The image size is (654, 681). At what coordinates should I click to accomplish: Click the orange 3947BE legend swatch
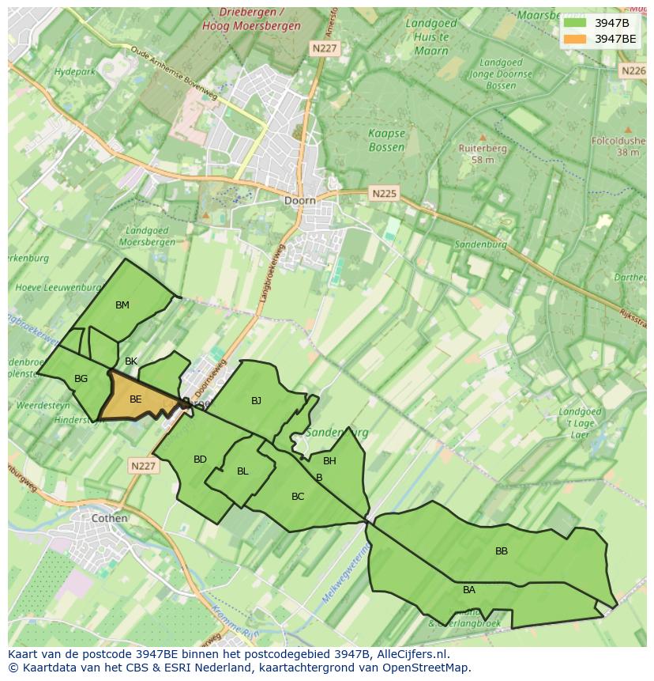click(x=575, y=39)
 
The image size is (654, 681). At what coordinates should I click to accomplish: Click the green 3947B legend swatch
click(x=575, y=22)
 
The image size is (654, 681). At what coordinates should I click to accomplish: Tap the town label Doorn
click(x=299, y=201)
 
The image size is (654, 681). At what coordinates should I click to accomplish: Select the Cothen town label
click(x=109, y=518)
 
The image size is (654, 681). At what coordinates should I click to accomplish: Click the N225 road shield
click(x=385, y=193)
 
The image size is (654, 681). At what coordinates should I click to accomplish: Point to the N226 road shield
click(x=633, y=70)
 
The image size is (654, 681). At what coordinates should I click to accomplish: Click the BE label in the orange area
click(x=135, y=399)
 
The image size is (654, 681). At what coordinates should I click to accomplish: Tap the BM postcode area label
click(x=122, y=305)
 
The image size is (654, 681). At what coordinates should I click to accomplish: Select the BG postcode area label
click(x=81, y=379)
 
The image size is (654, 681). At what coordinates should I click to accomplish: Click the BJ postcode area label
click(x=256, y=401)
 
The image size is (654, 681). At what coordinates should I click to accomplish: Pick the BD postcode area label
click(x=200, y=460)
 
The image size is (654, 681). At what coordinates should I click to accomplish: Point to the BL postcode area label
click(x=242, y=471)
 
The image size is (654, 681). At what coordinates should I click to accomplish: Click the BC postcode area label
click(x=298, y=497)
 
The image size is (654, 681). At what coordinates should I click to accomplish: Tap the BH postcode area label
click(x=329, y=461)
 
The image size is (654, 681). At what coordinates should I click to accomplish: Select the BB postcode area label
click(x=502, y=551)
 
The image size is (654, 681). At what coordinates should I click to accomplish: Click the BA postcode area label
click(x=469, y=590)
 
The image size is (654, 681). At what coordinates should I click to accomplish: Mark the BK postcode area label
click(x=131, y=361)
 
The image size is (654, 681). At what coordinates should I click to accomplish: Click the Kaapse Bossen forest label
click(x=386, y=140)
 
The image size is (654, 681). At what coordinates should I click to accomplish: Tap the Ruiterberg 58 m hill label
click(x=483, y=153)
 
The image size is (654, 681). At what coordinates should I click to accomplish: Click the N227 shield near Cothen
click(x=143, y=466)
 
